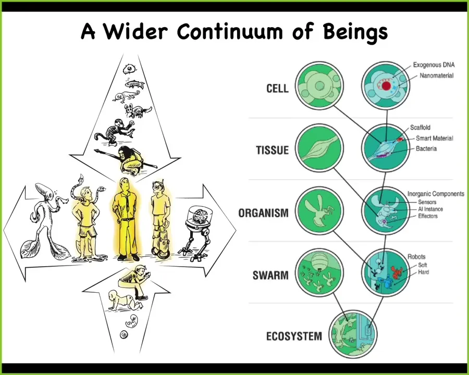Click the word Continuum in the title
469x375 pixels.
click(230, 31)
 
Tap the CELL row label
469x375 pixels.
click(278, 89)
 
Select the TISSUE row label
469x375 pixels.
click(273, 150)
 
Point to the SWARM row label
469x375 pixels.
click(270, 275)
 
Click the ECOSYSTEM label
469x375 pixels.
click(294, 336)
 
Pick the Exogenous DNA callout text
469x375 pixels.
click(434, 65)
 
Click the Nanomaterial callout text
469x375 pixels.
click(436, 76)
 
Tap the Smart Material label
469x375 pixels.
click(434, 138)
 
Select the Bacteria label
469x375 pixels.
click(426, 148)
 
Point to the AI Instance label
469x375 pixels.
click(430, 209)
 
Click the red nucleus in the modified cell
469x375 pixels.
click(386, 86)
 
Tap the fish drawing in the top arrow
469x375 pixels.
click(134, 84)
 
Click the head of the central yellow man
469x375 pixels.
click(124, 184)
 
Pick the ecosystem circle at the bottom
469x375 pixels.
click(353, 334)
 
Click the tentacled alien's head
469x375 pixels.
click(44, 191)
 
